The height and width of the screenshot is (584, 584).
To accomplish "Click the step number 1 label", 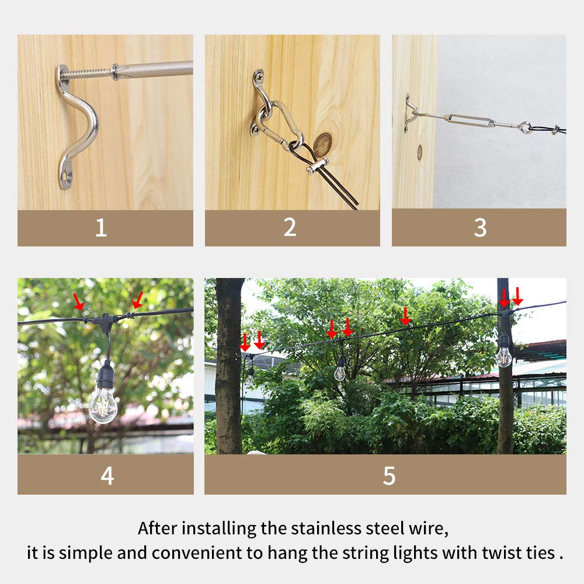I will (101, 228).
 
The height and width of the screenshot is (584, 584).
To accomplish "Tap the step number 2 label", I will (290, 228).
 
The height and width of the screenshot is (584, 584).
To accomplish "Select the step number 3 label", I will (479, 228).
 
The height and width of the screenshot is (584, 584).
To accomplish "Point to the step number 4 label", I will (107, 475).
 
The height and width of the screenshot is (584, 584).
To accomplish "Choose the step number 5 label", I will (389, 475).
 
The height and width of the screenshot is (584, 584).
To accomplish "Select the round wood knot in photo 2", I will (322, 144).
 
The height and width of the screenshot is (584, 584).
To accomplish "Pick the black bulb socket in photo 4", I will (106, 372).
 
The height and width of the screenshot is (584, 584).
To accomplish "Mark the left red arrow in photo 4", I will (78, 301).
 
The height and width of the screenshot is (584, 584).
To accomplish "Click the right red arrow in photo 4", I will (137, 300).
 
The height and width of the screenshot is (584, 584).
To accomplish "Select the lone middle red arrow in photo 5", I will (405, 316).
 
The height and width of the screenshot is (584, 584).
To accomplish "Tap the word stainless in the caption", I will (332, 529).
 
